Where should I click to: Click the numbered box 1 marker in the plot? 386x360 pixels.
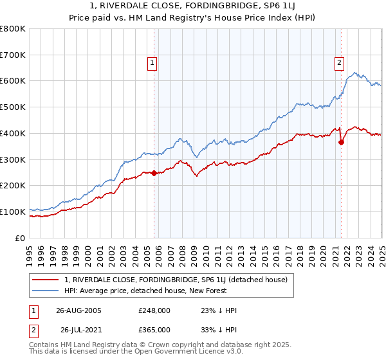tap(152, 62)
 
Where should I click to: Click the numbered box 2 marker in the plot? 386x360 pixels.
tap(338, 62)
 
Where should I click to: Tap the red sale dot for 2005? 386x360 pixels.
tap(154, 173)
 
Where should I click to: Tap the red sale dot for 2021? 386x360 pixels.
tap(341, 142)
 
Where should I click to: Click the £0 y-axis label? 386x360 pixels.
tap(21, 238)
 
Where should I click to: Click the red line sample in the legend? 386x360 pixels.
tap(45, 280)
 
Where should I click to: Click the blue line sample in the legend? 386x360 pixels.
tap(45, 291)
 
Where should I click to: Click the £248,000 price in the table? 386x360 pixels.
tap(154, 310)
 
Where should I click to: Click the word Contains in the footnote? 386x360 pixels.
tap(44, 346)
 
